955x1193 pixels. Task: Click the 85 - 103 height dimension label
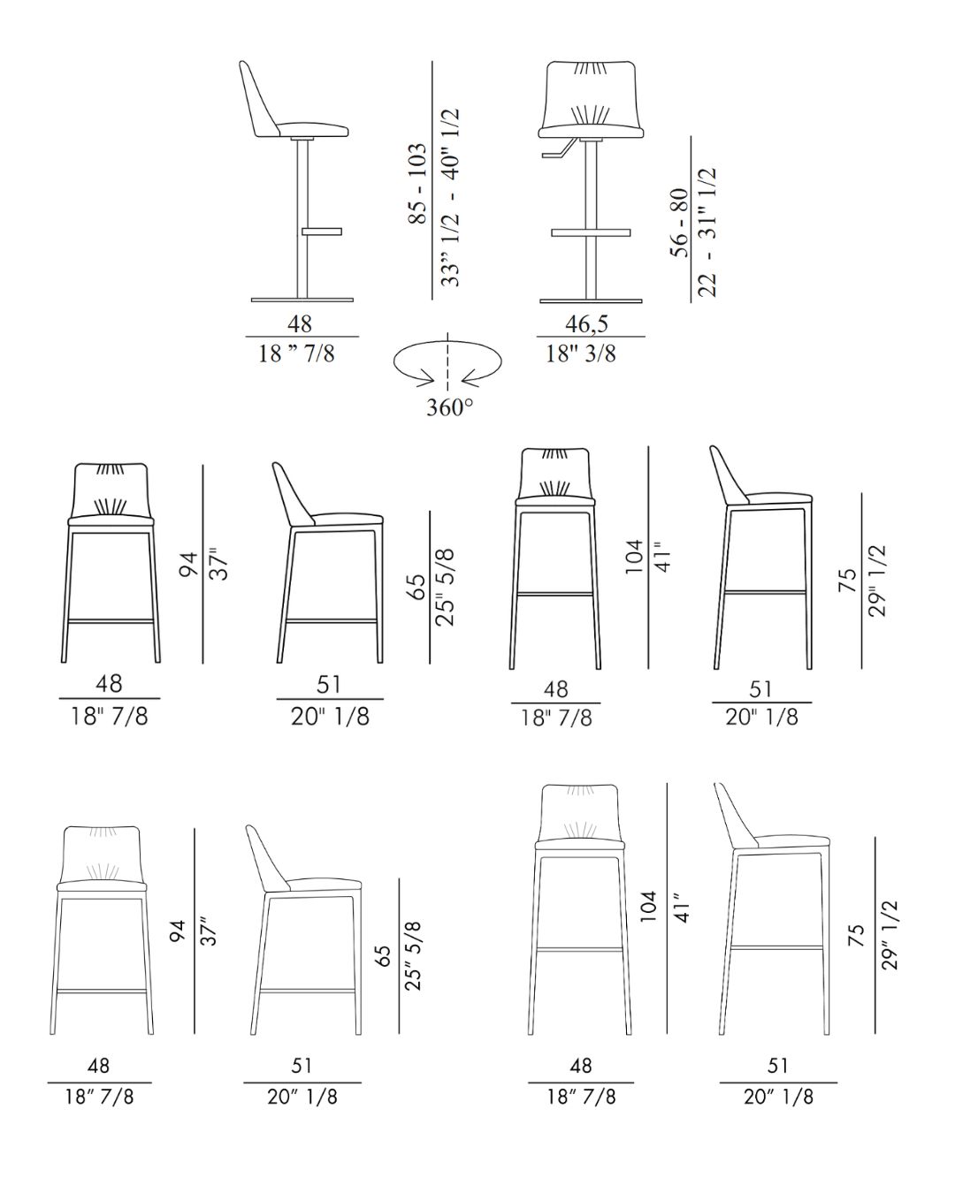click(418, 184)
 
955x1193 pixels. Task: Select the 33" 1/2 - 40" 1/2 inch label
click(451, 197)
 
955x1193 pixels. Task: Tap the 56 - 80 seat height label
click(679, 223)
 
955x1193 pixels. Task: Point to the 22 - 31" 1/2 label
click(707, 232)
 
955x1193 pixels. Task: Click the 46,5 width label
click(586, 323)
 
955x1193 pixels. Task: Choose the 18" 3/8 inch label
click(580, 353)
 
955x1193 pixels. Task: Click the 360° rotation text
click(450, 407)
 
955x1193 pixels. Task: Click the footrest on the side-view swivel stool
click(321, 232)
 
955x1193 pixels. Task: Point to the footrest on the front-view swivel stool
click(591, 232)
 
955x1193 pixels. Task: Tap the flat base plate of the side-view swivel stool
click(302, 300)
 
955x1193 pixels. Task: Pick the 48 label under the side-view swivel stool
click(300, 323)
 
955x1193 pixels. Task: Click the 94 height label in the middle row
click(189, 565)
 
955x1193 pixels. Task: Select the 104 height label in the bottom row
click(647, 907)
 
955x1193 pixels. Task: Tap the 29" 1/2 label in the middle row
click(877, 581)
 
